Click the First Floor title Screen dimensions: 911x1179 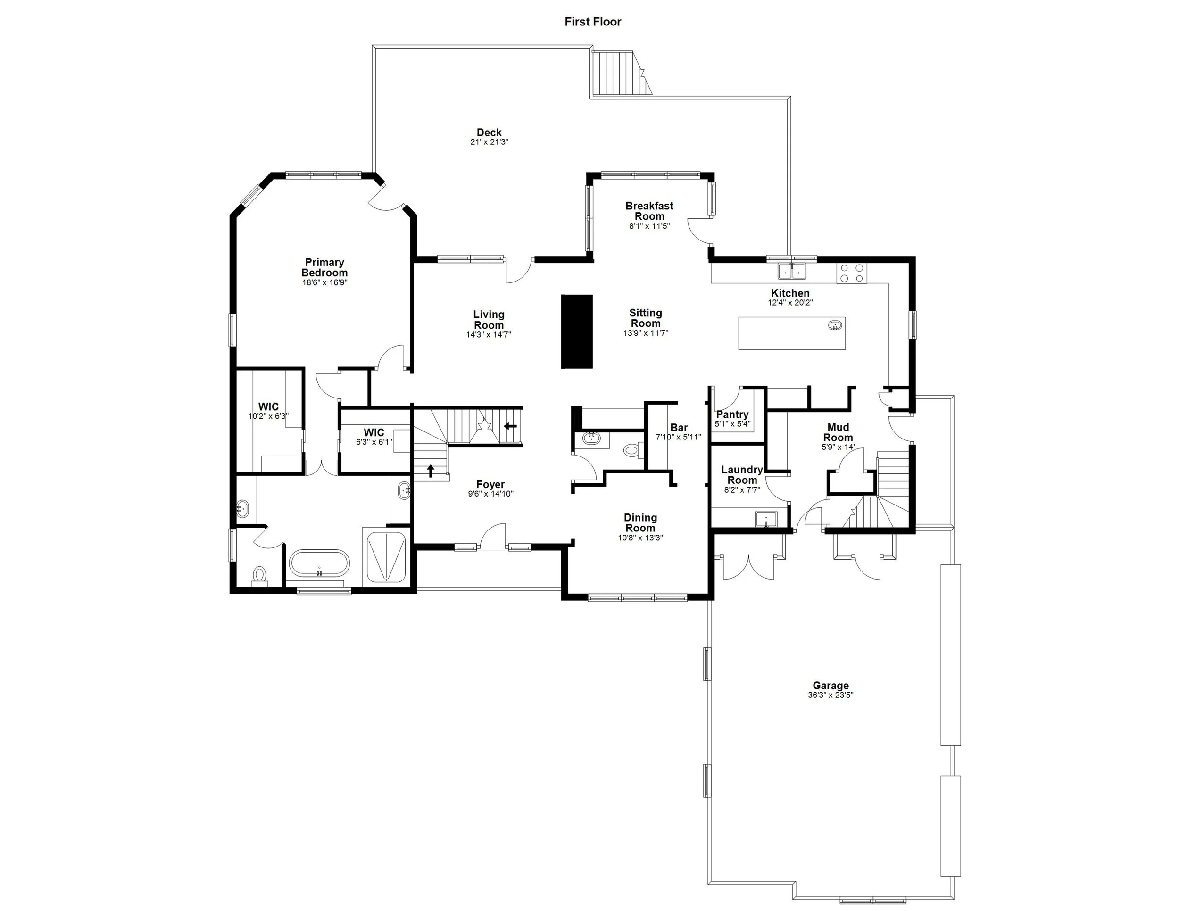click(593, 22)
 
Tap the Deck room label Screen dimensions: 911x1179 click(489, 132)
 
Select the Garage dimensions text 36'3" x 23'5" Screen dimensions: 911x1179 click(830, 695)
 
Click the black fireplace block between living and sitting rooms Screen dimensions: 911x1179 click(577, 331)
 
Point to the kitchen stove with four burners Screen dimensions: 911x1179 click(851, 273)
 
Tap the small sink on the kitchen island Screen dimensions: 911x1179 click(835, 325)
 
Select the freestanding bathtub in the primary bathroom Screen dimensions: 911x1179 click(319, 563)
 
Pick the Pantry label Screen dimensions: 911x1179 click(732, 414)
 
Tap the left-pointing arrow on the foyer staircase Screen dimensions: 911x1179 click(510, 426)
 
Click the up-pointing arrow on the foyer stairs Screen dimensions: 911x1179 click(430, 471)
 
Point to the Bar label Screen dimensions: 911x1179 click(679, 427)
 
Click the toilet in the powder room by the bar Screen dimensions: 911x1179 click(631, 449)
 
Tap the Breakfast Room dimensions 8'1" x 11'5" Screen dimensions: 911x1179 click(649, 226)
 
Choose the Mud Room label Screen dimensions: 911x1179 click(838, 432)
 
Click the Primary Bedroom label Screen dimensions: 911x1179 click(324, 267)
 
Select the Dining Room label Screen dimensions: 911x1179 click(640, 522)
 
